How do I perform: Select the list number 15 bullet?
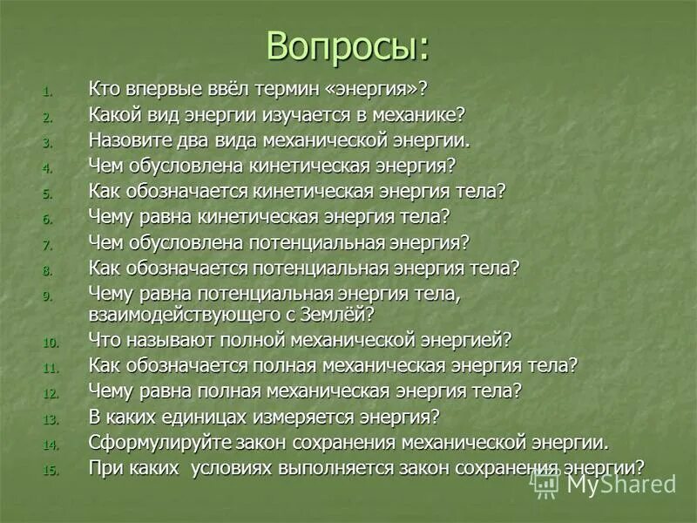point(49,470)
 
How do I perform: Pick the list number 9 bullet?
point(49,296)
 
